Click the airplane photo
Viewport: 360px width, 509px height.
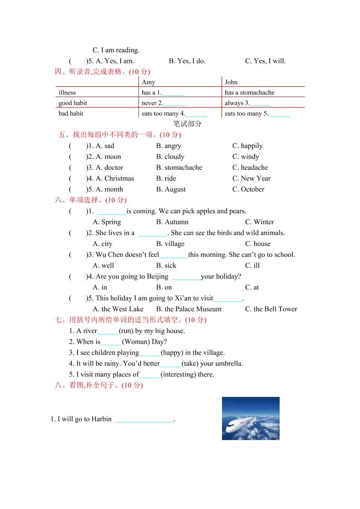tap(251, 418)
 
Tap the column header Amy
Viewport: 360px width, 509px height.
tap(148, 82)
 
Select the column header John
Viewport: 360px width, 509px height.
tap(231, 82)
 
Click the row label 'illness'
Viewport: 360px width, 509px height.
tap(67, 93)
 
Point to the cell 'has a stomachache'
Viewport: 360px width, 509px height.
tap(249, 93)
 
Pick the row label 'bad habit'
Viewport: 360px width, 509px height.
tap(71, 113)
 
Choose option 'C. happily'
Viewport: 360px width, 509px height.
tap(247, 146)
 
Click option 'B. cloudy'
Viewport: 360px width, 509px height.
tap(170, 157)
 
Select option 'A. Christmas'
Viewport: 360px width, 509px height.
tap(115, 178)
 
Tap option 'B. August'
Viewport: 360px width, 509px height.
tap(171, 189)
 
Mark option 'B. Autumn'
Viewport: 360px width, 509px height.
tap(172, 222)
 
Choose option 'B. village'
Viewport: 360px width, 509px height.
tap(170, 244)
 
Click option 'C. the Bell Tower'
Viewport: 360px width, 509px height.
tap(271, 309)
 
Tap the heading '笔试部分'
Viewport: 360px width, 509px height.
tap(187, 124)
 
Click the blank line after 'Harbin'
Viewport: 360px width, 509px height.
tap(144, 420)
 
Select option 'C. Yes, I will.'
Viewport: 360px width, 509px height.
tap(266, 61)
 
